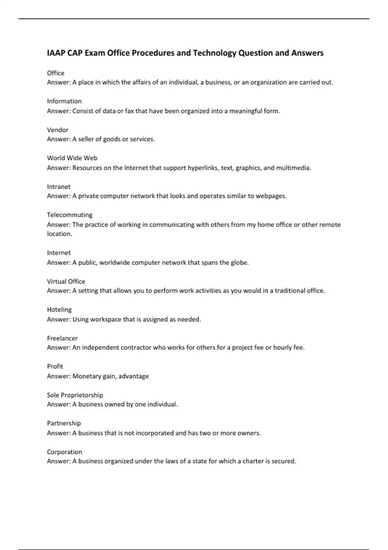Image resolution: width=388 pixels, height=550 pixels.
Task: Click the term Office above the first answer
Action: (56, 73)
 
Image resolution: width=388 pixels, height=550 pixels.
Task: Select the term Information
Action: (64, 101)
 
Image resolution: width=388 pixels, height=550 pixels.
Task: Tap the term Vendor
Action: (58, 130)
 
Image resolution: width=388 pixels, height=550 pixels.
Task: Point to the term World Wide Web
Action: (72, 158)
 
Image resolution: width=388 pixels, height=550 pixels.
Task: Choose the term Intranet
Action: (59, 187)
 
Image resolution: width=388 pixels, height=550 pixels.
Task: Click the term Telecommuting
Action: (70, 215)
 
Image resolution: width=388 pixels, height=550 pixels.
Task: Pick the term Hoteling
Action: (59, 310)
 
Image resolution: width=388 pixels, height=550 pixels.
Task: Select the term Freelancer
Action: (62, 338)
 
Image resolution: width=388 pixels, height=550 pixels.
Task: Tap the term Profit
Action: (55, 366)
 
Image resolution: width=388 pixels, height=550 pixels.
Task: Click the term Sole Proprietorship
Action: (75, 395)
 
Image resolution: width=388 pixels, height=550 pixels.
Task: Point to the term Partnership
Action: (64, 423)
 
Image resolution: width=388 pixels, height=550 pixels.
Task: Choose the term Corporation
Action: (64, 452)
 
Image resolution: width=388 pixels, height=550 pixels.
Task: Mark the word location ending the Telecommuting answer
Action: (59, 234)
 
